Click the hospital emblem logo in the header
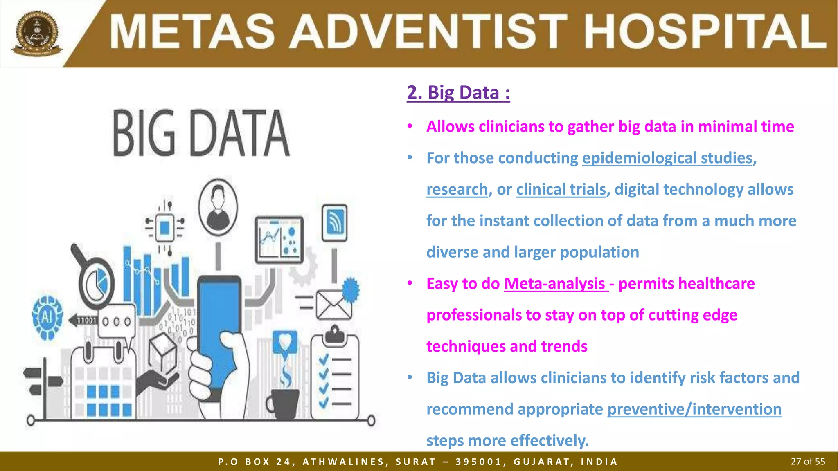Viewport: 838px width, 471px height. tap(37, 34)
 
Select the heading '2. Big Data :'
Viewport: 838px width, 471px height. tap(458, 92)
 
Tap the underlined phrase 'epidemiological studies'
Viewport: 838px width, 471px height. tap(667, 158)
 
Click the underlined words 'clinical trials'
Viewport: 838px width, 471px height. tap(561, 189)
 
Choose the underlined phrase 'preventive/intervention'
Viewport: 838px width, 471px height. tap(694, 409)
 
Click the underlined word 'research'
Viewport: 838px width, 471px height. tap(457, 189)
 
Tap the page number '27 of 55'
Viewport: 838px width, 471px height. tap(807, 462)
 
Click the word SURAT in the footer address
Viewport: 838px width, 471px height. tap(415, 462)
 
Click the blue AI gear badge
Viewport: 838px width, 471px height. tap(47, 317)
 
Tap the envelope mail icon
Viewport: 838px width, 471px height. tap(333, 305)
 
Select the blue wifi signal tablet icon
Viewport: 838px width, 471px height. tap(334, 223)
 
